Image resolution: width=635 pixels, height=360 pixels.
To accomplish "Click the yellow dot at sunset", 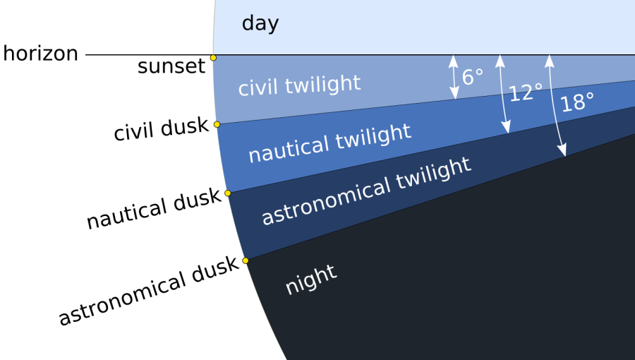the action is coord(213,58).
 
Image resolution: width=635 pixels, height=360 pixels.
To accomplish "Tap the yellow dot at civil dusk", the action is coord(217,124).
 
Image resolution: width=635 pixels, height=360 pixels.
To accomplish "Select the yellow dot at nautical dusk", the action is coord(228,193).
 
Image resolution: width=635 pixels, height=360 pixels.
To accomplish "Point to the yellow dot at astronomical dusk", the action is coord(246,260).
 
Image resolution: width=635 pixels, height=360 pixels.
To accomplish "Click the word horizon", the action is coord(40,54).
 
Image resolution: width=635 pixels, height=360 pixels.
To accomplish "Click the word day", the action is coord(260,23).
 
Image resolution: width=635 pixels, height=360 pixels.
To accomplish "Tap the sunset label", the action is coord(171,66).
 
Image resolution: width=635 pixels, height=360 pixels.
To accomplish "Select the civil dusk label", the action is coord(161,129).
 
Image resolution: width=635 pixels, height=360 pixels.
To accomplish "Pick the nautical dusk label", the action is coord(154,209).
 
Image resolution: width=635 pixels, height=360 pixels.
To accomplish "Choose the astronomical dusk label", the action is coord(149,290).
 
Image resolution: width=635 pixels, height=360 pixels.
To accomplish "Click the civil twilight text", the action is coord(299,85).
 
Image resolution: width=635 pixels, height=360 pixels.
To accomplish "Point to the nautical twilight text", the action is coord(329,143).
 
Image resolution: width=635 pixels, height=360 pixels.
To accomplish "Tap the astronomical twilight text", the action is coord(366,191).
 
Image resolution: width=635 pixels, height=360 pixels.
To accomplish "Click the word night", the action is coord(311,279).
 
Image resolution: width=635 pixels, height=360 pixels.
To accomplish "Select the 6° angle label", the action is coord(473,77).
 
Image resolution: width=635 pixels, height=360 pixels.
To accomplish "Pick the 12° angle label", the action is coord(526,92).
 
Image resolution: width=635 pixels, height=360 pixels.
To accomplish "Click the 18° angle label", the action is coord(577,102).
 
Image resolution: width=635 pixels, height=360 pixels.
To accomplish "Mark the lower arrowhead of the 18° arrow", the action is coord(562,150).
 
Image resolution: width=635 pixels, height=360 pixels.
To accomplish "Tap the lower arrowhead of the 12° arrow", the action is coord(506,128).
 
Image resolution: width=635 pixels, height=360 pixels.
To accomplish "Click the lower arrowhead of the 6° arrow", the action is coord(455,93).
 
